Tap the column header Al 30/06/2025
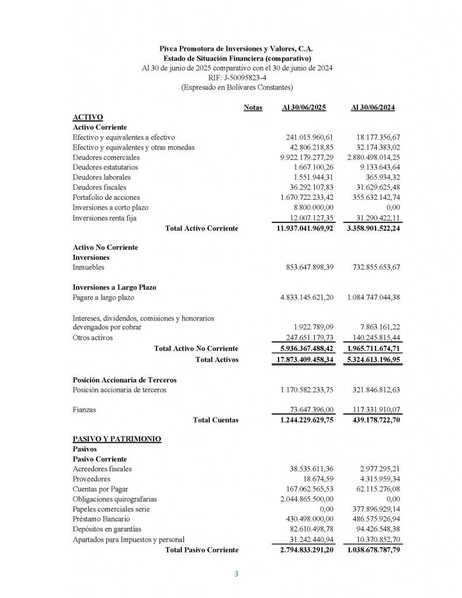click(304, 107)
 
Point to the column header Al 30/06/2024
click(373, 107)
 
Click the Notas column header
click(253, 107)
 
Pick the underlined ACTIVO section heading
click(88, 117)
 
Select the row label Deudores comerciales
click(106, 157)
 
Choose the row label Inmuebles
click(89, 267)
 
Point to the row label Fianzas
click(85, 410)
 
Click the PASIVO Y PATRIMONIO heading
click(117, 439)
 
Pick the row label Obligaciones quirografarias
click(114, 499)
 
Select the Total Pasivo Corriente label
click(202, 550)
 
